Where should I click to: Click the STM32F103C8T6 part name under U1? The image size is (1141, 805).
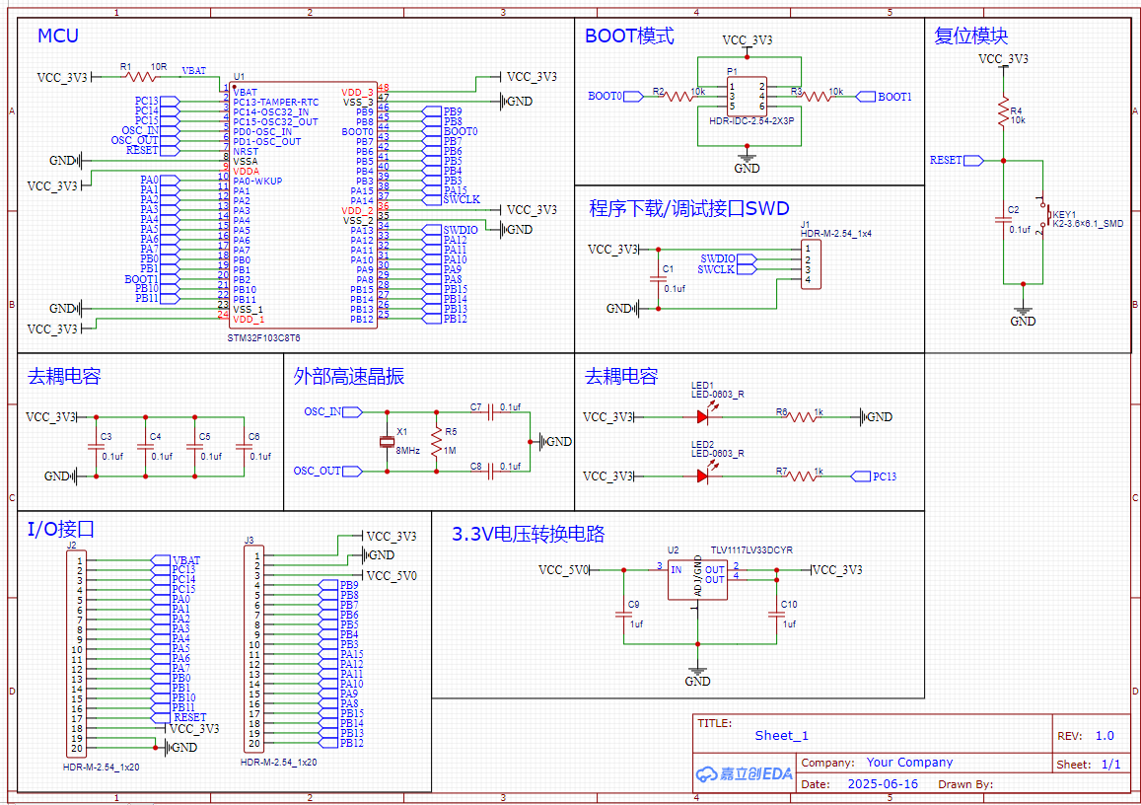point(264,336)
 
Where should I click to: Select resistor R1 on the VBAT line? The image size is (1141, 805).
point(141,76)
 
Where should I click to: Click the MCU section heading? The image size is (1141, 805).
point(57,37)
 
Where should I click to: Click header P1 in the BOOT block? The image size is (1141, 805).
point(747,97)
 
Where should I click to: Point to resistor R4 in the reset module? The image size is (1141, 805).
point(1003,110)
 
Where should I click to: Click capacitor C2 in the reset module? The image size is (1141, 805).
point(1003,222)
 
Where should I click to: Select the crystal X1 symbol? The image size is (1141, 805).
point(387,441)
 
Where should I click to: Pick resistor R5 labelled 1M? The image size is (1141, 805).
point(435,440)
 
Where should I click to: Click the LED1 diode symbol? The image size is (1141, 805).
point(702,416)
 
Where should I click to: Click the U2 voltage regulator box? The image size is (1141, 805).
point(697,578)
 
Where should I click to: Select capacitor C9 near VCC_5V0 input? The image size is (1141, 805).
point(622,614)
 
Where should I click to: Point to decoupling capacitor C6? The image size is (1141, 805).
point(243,446)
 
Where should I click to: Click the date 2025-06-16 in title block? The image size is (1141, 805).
point(883,784)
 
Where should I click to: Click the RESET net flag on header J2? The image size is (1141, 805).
point(189,718)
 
